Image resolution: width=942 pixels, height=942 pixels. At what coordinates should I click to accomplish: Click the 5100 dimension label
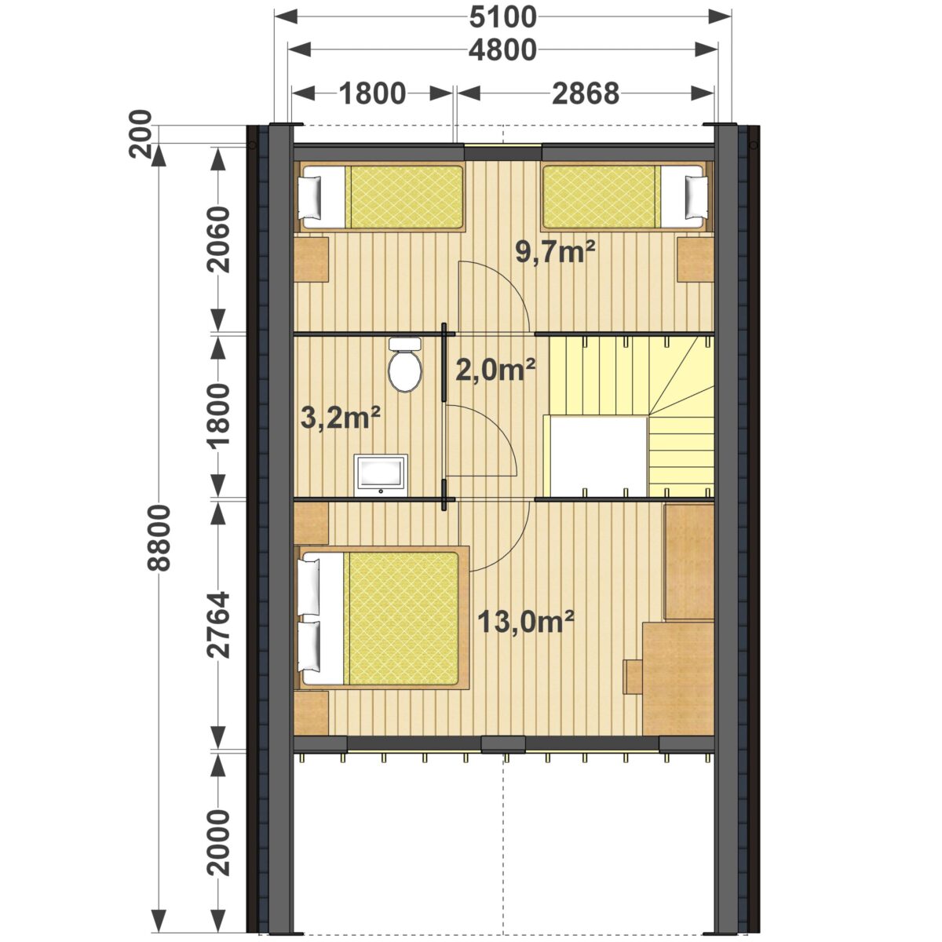502,18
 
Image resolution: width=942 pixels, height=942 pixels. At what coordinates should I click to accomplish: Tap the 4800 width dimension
502,50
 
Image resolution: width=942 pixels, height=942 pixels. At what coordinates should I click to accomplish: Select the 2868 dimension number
586,93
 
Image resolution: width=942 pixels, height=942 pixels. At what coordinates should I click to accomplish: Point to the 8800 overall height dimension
159,538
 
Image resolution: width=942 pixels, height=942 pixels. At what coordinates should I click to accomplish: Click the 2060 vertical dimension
218,239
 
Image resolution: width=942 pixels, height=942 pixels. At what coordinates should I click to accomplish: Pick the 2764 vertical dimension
218,625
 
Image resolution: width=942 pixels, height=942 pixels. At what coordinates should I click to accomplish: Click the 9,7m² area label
555,253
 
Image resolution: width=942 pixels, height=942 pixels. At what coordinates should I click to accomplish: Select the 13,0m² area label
525,621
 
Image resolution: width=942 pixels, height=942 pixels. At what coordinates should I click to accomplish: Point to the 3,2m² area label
341,418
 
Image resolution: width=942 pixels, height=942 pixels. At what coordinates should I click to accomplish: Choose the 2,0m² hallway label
495,370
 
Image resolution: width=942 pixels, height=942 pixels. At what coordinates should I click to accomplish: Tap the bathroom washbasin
381,475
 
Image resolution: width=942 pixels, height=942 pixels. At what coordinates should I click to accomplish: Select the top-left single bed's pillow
310,198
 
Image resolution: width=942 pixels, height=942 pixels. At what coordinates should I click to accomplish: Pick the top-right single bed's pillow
696,198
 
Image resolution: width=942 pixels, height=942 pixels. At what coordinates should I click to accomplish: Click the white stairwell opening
598,455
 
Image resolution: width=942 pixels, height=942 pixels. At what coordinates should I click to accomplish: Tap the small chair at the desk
633,677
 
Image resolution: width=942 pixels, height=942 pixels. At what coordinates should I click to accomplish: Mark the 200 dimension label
141,133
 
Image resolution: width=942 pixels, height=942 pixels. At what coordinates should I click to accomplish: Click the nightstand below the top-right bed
696,260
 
